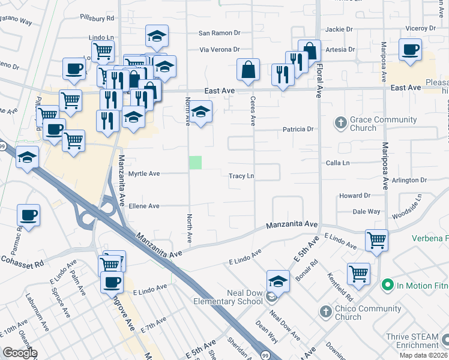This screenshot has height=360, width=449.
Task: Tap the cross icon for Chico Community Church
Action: (x=325, y=312)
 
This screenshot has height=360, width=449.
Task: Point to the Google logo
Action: (x=19, y=353)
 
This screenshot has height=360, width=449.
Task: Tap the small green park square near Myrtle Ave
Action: (x=195, y=162)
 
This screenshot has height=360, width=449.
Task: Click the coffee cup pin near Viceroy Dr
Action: (x=410, y=50)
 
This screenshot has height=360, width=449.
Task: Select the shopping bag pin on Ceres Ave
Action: (x=248, y=70)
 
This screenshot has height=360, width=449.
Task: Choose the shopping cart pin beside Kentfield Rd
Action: (x=358, y=274)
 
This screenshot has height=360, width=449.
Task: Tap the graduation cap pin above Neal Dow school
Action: (x=279, y=281)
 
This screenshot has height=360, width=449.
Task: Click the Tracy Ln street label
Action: (x=242, y=176)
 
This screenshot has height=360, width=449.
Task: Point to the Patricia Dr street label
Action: (x=298, y=129)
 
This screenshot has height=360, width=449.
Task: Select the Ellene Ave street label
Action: (x=144, y=206)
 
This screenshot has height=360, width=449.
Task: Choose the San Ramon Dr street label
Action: (x=220, y=33)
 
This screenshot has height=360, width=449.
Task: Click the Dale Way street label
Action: (x=366, y=211)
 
